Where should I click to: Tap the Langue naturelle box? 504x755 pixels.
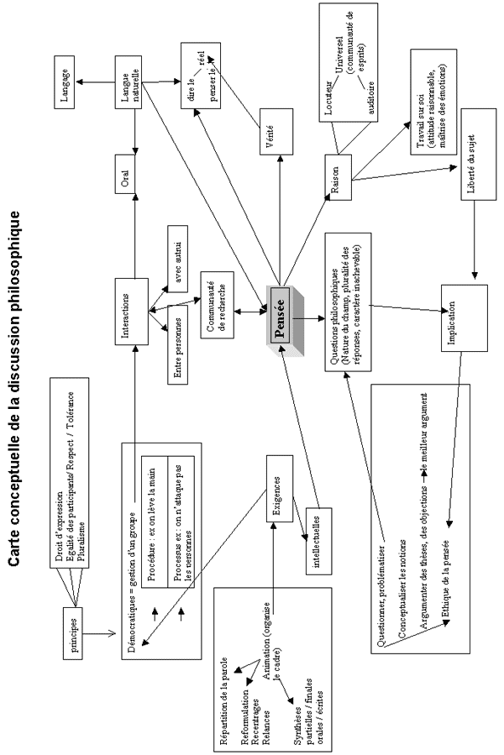(x=130, y=81)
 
